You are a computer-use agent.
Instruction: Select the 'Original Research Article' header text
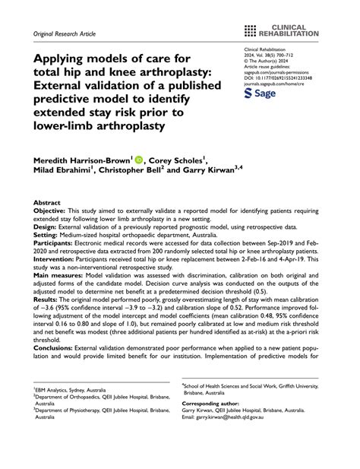tap(64, 34)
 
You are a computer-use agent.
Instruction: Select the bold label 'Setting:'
tap(46, 235)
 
